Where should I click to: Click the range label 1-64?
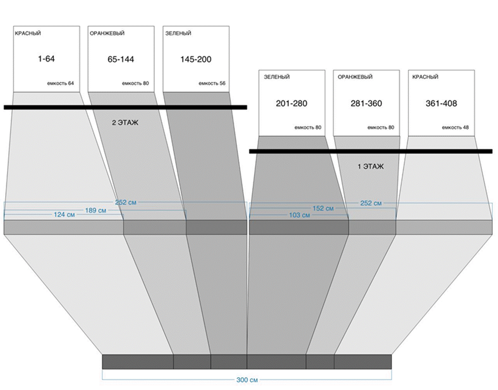click(x=46, y=59)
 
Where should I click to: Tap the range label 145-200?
click(x=196, y=59)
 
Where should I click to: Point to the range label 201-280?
click(x=292, y=103)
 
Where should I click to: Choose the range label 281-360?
click(x=366, y=103)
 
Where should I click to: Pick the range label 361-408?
click(x=441, y=103)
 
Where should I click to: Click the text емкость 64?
click(x=60, y=83)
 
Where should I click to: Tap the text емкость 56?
click(x=212, y=83)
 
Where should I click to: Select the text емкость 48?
click(x=455, y=128)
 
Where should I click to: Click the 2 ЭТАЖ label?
click(x=124, y=123)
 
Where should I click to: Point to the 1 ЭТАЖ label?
click(x=371, y=166)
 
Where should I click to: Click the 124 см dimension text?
click(x=64, y=215)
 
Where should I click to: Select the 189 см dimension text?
click(x=96, y=210)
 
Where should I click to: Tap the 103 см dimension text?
click(x=300, y=215)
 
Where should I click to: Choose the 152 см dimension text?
click(x=323, y=209)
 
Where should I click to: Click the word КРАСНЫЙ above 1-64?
click(x=28, y=33)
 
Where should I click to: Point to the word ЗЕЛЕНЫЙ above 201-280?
click(x=277, y=77)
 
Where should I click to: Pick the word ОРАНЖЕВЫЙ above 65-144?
click(x=107, y=33)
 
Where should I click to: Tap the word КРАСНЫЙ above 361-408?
click(x=425, y=77)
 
